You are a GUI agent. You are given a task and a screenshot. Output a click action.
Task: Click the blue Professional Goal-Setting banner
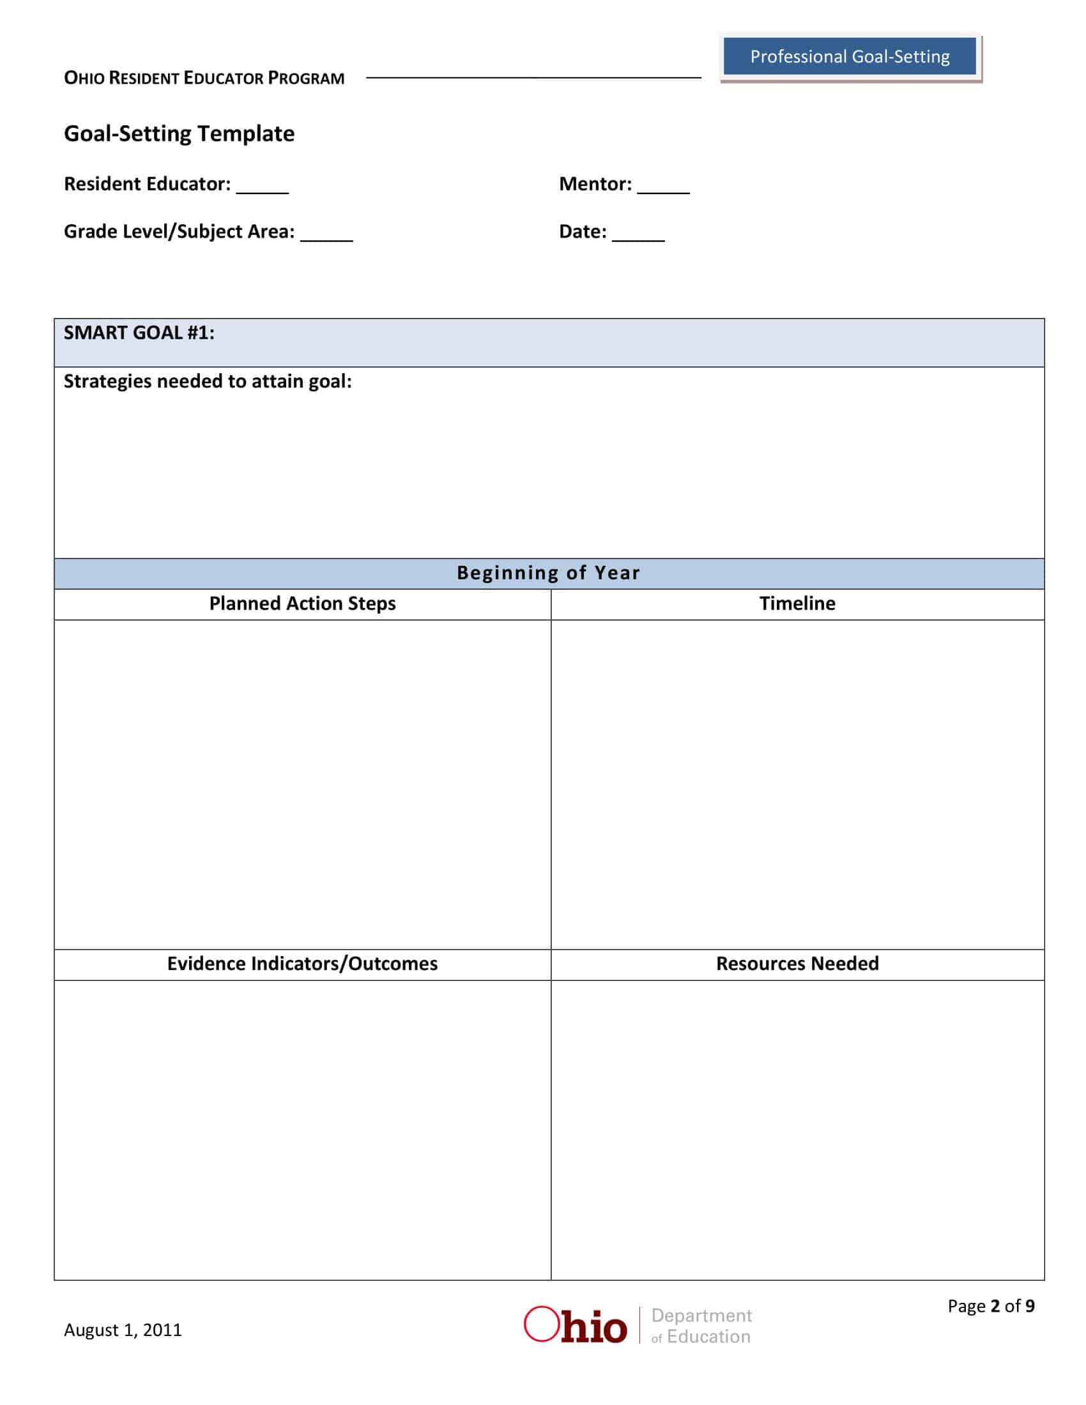[x=849, y=57]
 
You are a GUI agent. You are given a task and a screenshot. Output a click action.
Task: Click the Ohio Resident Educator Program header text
[x=204, y=79]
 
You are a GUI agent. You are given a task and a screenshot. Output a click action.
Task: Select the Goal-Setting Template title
[x=179, y=134]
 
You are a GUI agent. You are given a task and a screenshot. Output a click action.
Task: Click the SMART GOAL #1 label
[x=139, y=333]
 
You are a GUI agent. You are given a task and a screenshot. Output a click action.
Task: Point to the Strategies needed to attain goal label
[x=207, y=381]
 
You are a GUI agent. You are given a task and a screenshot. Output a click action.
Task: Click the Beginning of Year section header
[x=548, y=573]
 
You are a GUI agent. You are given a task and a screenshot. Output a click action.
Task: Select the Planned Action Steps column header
[x=302, y=604]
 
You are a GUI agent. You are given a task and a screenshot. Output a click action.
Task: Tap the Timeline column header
[x=797, y=604]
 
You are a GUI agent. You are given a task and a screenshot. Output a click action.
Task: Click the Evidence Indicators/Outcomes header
[x=302, y=963]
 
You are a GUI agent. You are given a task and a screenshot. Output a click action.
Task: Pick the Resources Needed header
[x=797, y=963]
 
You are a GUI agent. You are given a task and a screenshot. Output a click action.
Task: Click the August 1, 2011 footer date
[x=123, y=1330]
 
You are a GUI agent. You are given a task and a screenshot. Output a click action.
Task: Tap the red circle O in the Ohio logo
[x=541, y=1324]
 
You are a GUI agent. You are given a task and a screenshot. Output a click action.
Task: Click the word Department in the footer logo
[x=701, y=1316]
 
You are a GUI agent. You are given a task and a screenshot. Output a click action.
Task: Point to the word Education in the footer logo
[x=708, y=1337]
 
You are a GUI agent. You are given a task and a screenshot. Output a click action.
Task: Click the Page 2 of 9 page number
[x=991, y=1306]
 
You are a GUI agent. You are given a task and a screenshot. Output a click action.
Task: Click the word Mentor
[x=595, y=184]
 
